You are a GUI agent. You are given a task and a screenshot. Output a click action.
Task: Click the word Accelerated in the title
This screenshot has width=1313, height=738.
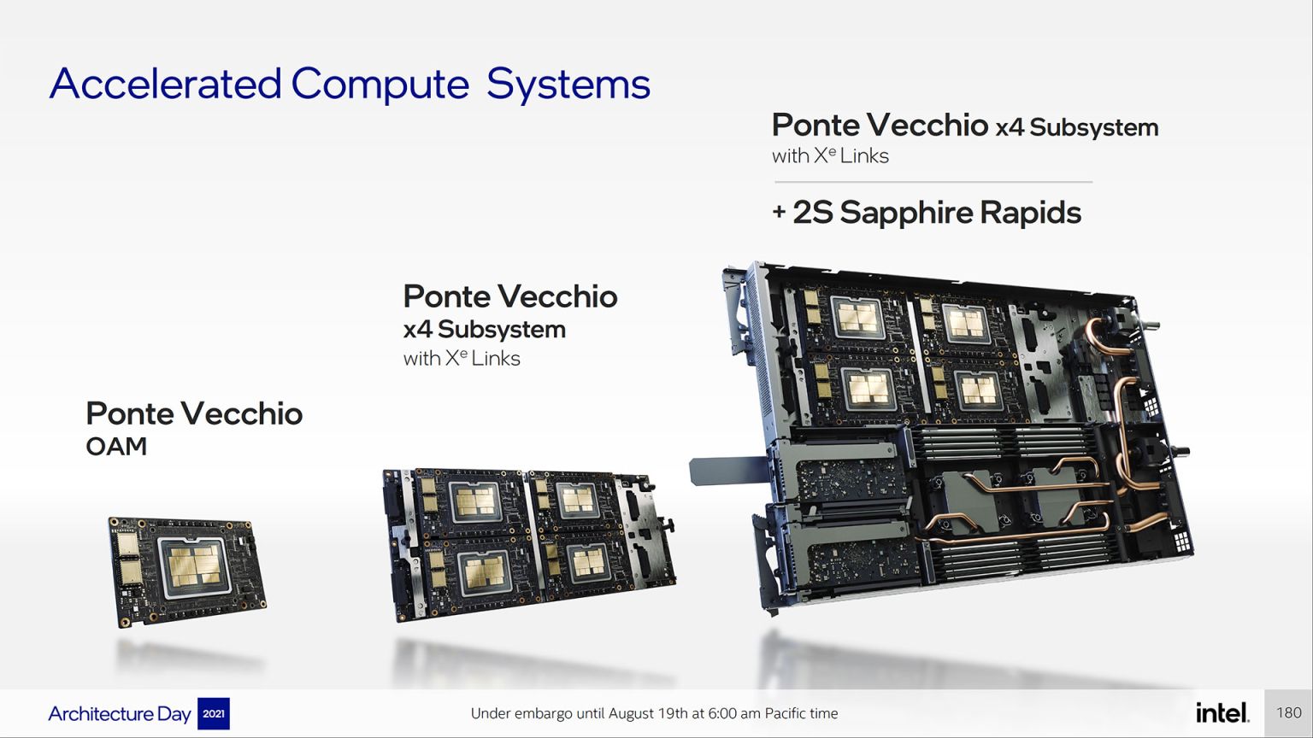165,83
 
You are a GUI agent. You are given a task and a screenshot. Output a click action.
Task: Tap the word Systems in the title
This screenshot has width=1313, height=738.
568,85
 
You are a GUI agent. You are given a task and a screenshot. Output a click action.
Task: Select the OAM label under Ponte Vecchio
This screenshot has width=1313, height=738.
116,447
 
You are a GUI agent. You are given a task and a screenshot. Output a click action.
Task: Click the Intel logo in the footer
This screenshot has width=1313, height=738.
1222,712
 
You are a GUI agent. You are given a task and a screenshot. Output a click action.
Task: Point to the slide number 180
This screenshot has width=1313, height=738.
1289,713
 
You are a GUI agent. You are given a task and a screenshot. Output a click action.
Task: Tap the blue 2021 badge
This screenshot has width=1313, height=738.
214,713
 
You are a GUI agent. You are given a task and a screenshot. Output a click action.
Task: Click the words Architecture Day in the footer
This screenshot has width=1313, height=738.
120,713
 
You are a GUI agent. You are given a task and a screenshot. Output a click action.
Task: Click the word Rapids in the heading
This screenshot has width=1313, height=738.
1030,214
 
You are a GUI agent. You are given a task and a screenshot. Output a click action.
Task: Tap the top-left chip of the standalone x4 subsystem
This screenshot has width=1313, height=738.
475,502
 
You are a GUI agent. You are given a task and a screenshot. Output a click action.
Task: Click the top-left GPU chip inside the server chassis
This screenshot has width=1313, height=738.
857,318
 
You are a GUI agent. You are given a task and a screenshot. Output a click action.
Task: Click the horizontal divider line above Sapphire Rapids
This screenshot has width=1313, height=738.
933,182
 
